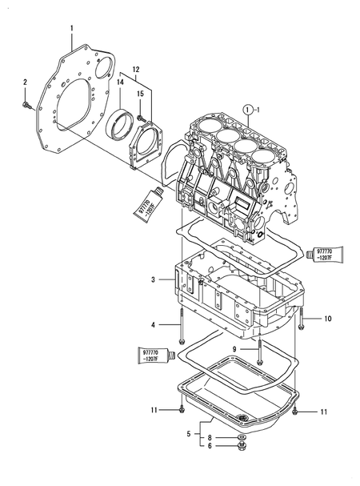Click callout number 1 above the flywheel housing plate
(71, 29)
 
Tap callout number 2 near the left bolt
(25, 82)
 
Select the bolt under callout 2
(28, 106)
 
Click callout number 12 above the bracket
(136, 70)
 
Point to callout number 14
(120, 82)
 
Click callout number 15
(141, 94)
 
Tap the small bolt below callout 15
(141, 118)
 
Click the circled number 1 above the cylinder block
(247, 110)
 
